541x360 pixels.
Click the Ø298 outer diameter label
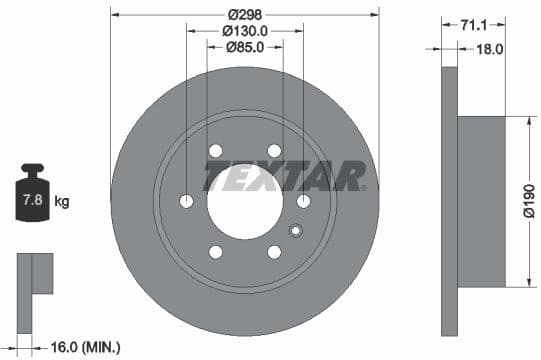245,14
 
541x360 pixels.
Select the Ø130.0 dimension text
245,30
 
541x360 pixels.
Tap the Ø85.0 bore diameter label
245,46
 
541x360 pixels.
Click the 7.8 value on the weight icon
32,201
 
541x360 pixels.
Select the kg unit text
62,202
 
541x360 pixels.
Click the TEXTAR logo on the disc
285,177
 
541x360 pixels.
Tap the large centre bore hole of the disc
245,201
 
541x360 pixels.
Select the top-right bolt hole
274,151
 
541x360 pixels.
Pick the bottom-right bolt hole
274,252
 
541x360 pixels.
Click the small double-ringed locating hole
294,232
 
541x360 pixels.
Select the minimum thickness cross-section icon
35,275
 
